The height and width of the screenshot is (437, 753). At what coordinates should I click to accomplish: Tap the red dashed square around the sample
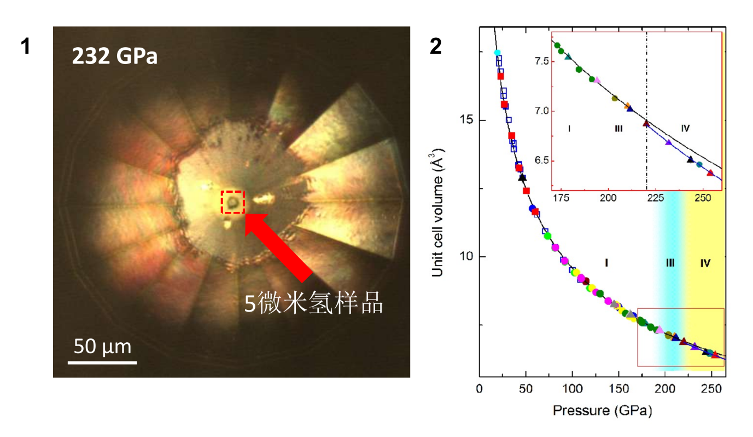click(232, 202)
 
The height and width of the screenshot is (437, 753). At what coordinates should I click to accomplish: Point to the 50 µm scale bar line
click(102, 362)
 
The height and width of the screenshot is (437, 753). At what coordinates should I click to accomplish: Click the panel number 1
click(25, 47)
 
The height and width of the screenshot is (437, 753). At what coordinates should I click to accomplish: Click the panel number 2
click(435, 47)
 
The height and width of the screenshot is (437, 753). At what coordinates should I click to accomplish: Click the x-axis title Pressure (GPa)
click(602, 410)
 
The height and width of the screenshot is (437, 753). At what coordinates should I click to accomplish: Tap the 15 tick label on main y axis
click(469, 120)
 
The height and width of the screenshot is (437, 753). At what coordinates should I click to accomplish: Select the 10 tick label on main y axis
click(469, 256)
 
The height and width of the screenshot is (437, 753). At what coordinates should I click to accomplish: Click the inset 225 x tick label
click(646, 198)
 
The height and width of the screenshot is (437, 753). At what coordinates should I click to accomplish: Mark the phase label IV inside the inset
click(685, 129)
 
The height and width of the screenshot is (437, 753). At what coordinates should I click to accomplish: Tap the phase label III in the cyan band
click(670, 263)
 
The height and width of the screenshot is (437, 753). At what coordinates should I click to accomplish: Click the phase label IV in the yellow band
click(705, 263)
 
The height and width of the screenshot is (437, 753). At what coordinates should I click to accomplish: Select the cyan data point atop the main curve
click(497, 53)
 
